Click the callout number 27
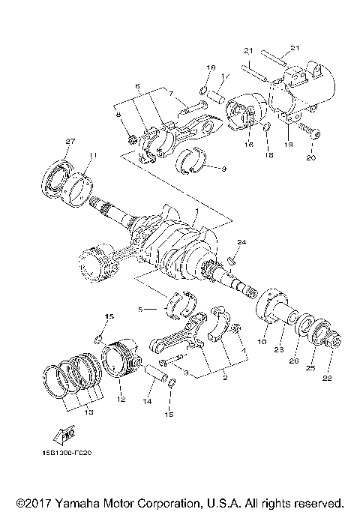coord(70,142)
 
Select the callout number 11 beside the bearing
coord(91,155)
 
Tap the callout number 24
coord(241,242)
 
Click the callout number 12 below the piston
coord(119,400)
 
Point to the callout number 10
coord(262,341)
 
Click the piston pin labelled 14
coord(156,373)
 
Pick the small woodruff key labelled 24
coord(232,261)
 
